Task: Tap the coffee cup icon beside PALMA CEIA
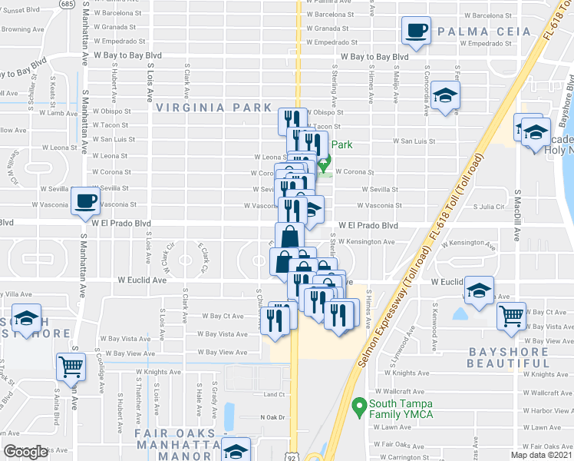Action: pyautogui.click(x=417, y=32)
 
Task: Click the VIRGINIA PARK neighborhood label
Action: pyautogui.click(x=215, y=108)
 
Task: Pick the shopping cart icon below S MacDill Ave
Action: pyautogui.click(x=511, y=315)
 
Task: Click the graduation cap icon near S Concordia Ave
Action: pyautogui.click(x=444, y=97)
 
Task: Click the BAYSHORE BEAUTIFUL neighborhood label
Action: pyautogui.click(x=508, y=357)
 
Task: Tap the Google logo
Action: pyautogui.click(x=25, y=452)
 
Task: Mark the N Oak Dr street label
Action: pyautogui.click(x=272, y=417)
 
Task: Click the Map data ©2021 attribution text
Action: pyautogui.click(x=541, y=455)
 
